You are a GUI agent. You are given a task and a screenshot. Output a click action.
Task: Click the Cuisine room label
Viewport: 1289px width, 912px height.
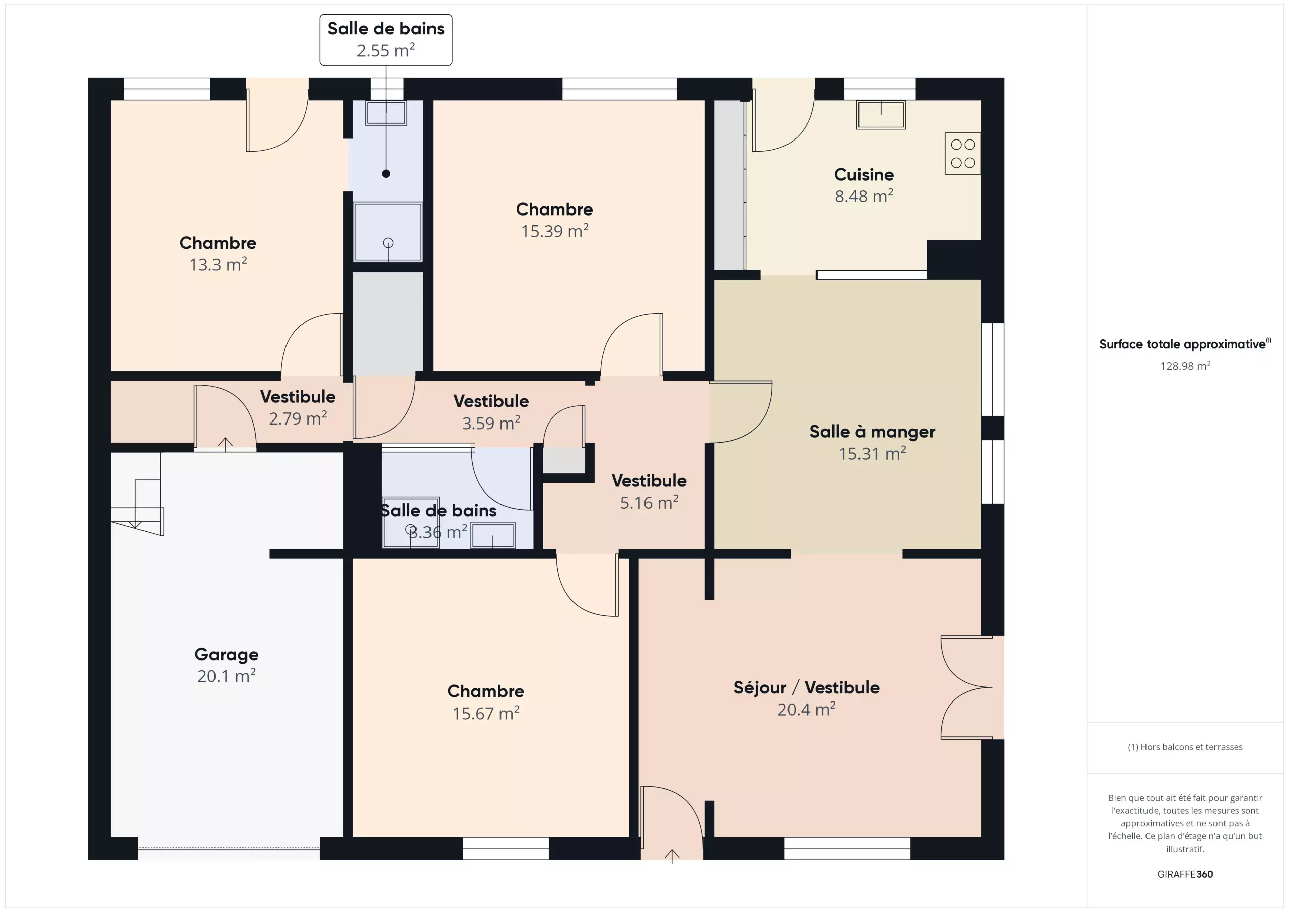click(x=864, y=175)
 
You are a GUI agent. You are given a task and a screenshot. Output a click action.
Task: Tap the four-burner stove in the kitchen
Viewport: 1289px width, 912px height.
click(x=962, y=153)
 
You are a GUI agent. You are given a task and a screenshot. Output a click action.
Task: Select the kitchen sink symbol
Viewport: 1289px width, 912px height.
click(x=880, y=114)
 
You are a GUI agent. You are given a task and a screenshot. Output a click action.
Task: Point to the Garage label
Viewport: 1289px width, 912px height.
click(x=226, y=655)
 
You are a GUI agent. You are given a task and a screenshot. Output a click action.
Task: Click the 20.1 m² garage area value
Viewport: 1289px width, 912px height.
click(x=226, y=676)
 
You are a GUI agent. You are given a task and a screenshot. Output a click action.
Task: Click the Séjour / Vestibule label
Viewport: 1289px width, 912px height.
click(x=806, y=687)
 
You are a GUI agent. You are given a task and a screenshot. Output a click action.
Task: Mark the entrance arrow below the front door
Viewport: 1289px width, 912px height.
click(x=672, y=856)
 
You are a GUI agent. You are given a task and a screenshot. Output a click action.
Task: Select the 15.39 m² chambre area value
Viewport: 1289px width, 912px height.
click(x=555, y=231)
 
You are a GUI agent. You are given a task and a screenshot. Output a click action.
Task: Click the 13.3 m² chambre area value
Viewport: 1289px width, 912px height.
click(x=218, y=264)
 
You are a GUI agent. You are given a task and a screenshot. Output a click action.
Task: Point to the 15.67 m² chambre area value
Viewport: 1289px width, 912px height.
click(x=485, y=713)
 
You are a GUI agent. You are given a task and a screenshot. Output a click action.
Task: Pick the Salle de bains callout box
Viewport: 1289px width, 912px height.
click(x=386, y=40)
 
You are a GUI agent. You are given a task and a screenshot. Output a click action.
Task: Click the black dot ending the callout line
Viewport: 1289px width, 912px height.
click(x=386, y=174)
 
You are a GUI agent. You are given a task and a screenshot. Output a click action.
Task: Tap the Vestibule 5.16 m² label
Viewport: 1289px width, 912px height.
click(x=649, y=492)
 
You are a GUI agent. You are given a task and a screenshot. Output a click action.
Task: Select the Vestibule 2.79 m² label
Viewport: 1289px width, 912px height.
click(x=298, y=407)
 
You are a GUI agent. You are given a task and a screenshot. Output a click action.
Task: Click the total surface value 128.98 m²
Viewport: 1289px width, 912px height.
click(x=1185, y=366)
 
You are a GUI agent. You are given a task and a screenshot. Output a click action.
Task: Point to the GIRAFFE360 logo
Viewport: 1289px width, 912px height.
click(x=1185, y=874)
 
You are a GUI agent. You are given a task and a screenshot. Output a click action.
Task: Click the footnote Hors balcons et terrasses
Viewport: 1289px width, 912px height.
click(x=1185, y=747)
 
